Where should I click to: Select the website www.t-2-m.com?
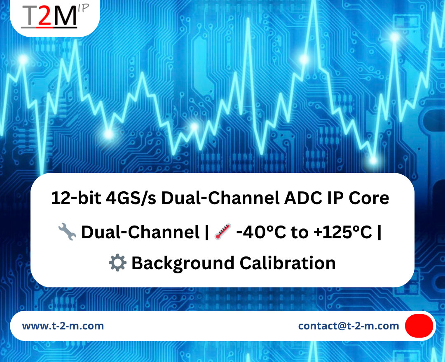click(x=63, y=326)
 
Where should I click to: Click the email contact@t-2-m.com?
click(x=349, y=326)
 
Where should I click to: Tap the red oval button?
click(x=419, y=326)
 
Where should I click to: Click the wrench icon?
click(x=67, y=233)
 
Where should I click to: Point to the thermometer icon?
click(x=223, y=233)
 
